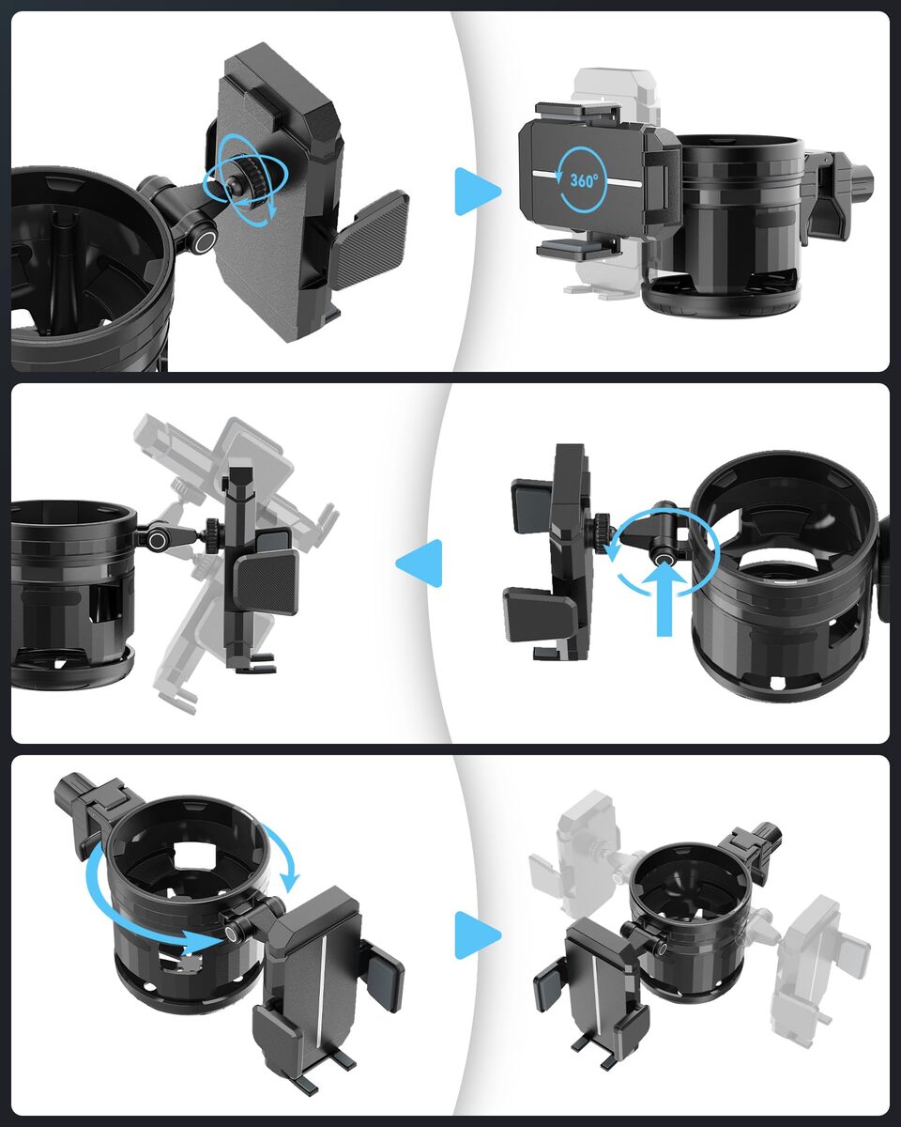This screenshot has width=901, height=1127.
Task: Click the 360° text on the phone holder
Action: [583, 180]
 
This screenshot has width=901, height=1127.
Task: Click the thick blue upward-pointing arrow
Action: [664, 598]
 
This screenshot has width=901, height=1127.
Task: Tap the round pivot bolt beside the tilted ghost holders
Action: [157, 540]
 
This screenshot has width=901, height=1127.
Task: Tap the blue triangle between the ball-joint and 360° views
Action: [478, 192]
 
